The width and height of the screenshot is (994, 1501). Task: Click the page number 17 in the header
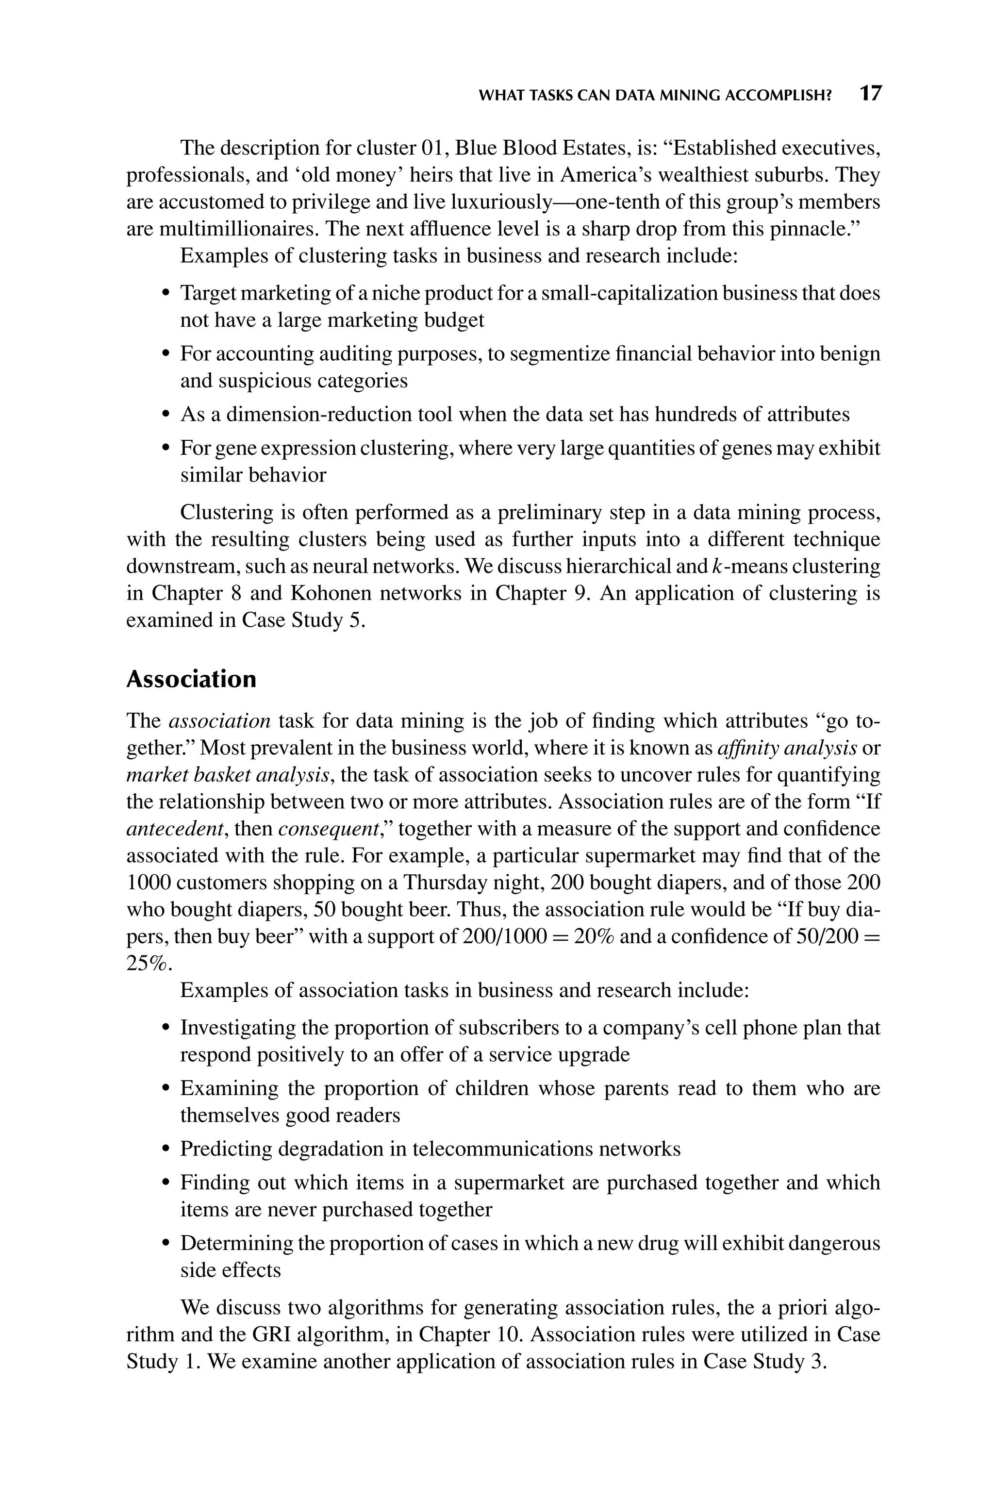point(870,94)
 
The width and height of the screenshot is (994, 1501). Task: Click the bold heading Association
point(191,679)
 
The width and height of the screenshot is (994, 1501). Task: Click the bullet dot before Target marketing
point(166,294)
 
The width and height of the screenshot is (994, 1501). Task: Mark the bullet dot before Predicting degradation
point(166,1149)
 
